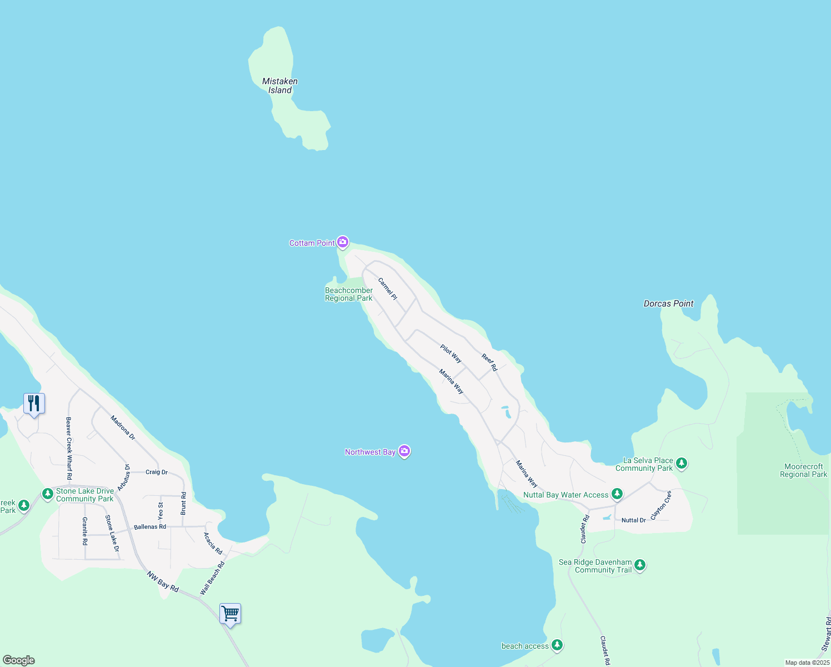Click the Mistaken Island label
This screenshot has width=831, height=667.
(280, 86)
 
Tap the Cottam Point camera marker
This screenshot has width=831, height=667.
(343, 242)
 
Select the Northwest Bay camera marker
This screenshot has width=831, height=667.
(405, 451)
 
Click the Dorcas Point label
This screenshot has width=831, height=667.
(668, 303)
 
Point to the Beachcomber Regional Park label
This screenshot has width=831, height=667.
(349, 294)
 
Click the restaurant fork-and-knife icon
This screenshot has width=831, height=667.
(34, 404)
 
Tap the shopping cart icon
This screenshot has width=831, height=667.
(230, 614)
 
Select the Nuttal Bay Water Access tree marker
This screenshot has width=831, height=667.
(617, 494)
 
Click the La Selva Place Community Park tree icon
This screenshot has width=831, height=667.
(682, 463)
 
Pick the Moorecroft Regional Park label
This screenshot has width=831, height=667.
(803, 470)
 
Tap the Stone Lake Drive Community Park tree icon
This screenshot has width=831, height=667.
(48, 494)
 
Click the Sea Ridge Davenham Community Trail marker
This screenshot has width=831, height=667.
(640, 565)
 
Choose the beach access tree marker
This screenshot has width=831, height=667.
(557, 645)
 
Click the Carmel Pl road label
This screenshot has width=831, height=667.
(388, 289)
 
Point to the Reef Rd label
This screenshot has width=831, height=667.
(489, 362)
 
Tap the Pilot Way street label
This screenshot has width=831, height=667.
(451, 354)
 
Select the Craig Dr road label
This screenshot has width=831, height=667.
(157, 472)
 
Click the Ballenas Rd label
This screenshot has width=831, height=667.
(150, 526)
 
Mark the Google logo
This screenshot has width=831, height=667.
(18, 660)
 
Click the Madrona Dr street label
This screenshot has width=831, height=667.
(123, 427)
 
